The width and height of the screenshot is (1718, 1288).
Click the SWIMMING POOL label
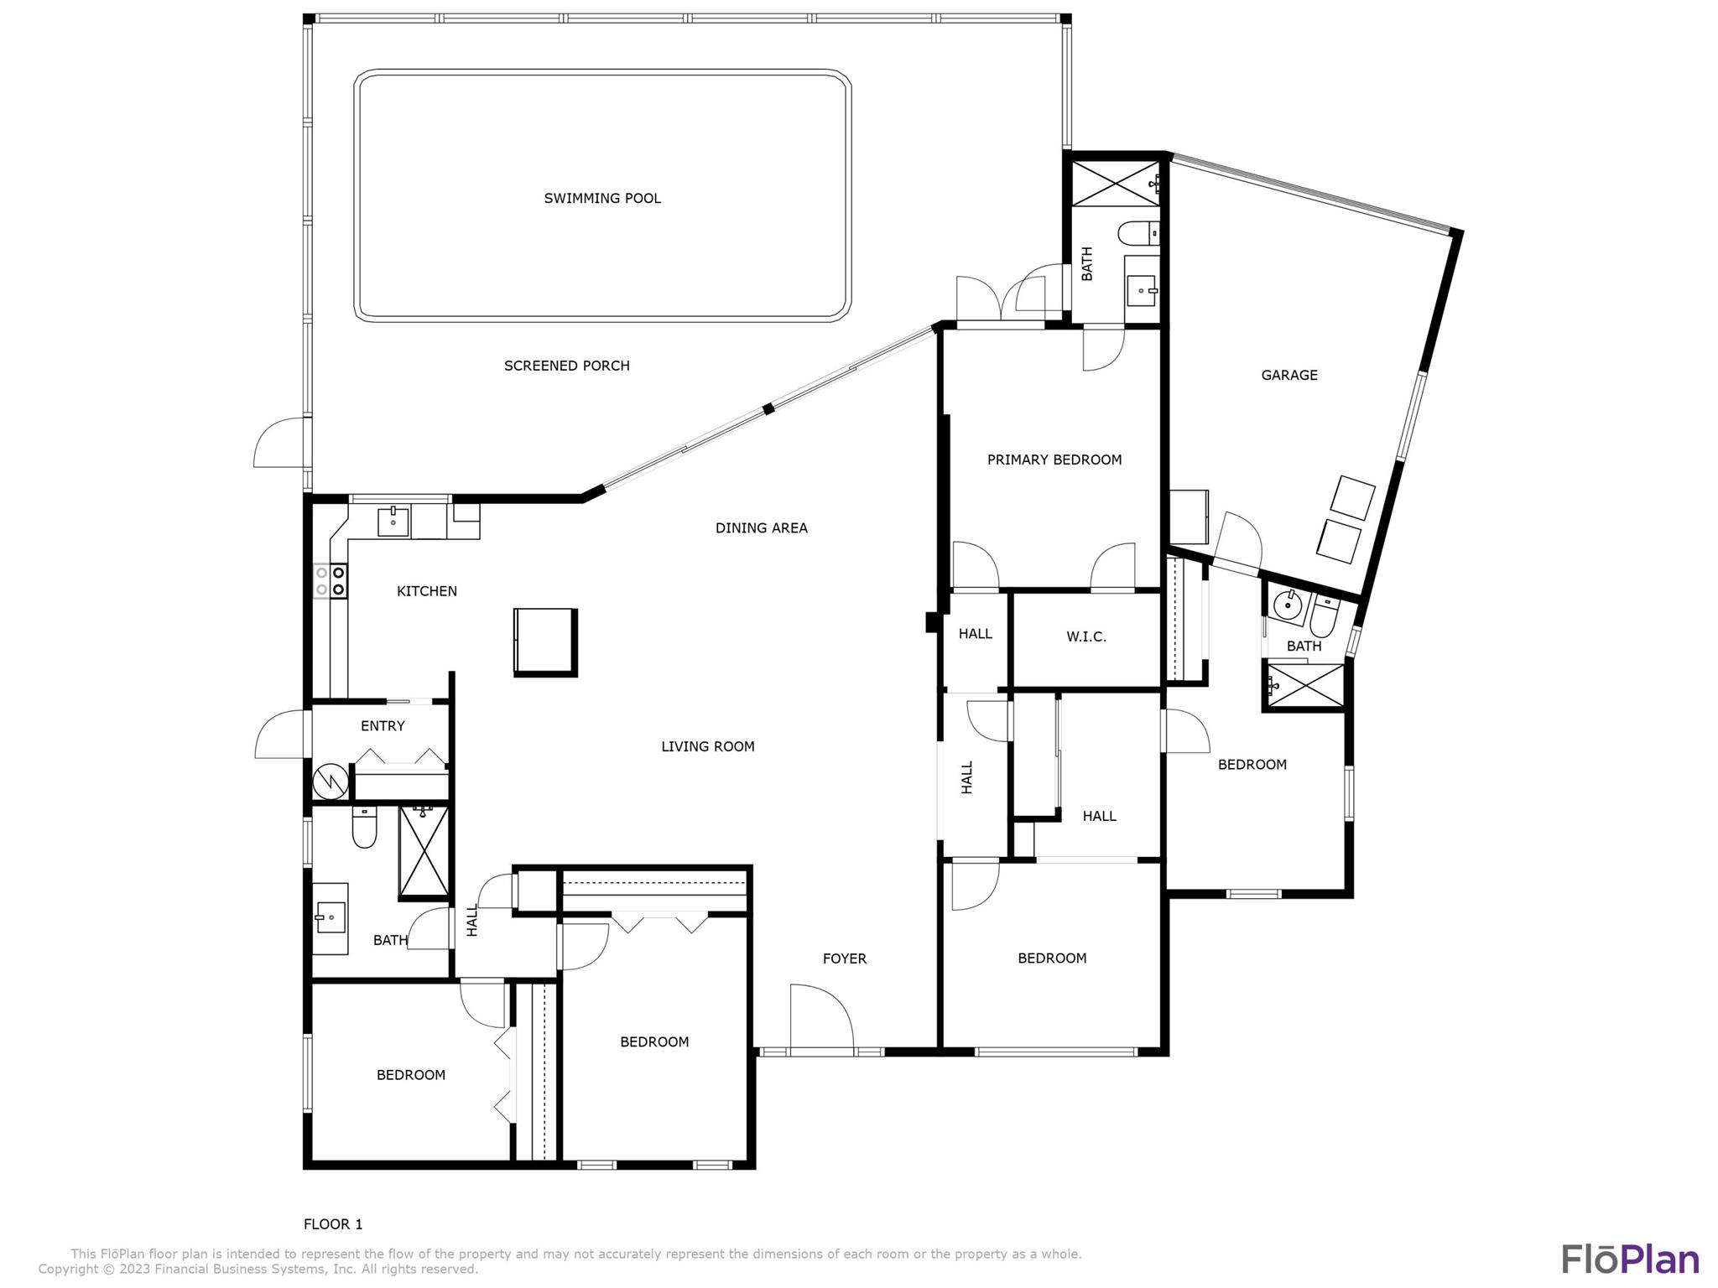click(x=602, y=199)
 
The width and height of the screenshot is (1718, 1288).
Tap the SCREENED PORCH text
click(x=566, y=366)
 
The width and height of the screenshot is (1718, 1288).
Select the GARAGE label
click(x=1289, y=375)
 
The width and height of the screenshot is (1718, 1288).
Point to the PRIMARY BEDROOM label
click(x=1054, y=460)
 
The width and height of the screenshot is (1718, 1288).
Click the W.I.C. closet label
click(x=1086, y=637)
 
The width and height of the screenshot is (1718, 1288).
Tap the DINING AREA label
click(x=762, y=528)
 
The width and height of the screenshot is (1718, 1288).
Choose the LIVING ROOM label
click(x=708, y=746)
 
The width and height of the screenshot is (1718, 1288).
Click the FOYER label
click(x=845, y=958)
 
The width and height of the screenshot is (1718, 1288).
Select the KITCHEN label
click(x=427, y=591)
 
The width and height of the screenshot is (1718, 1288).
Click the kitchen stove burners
click(x=331, y=581)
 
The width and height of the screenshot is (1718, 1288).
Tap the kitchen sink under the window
click(x=393, y=521)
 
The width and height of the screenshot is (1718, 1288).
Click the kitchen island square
click(x=546, y=641)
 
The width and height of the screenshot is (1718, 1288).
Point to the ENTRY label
click(x=383, y=726)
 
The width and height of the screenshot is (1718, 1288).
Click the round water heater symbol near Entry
click(x=331, y=782)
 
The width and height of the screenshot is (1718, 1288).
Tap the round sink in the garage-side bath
click(x=1287, y=605)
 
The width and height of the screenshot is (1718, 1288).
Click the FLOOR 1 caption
click(x=333, y=1224)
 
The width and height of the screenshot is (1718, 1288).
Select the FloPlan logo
click(x=1630, y=1259)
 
